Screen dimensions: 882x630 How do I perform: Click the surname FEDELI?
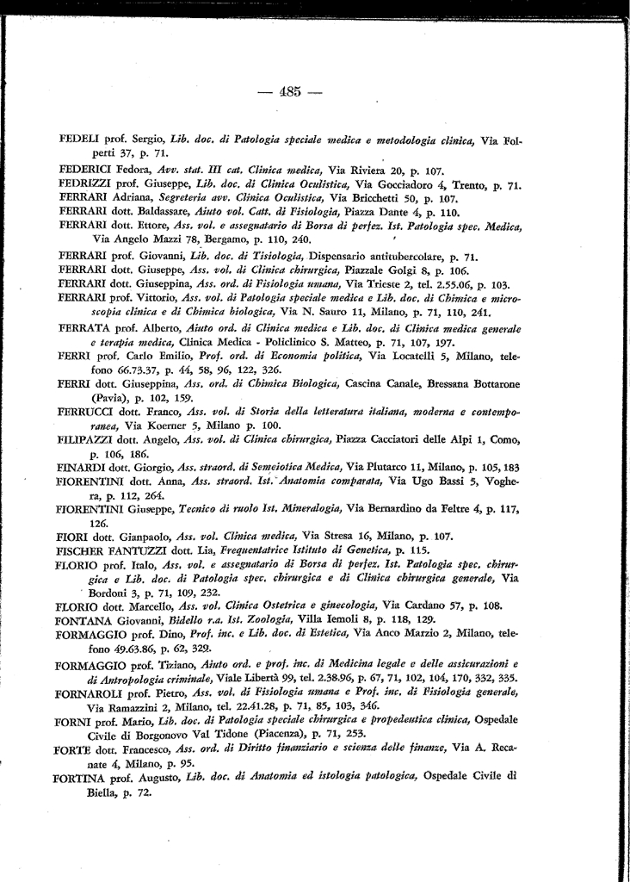[x=77, y=139]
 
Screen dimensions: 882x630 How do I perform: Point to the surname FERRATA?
[x=83, y=329]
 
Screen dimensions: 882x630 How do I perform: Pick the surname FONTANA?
[x=83, y=619]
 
